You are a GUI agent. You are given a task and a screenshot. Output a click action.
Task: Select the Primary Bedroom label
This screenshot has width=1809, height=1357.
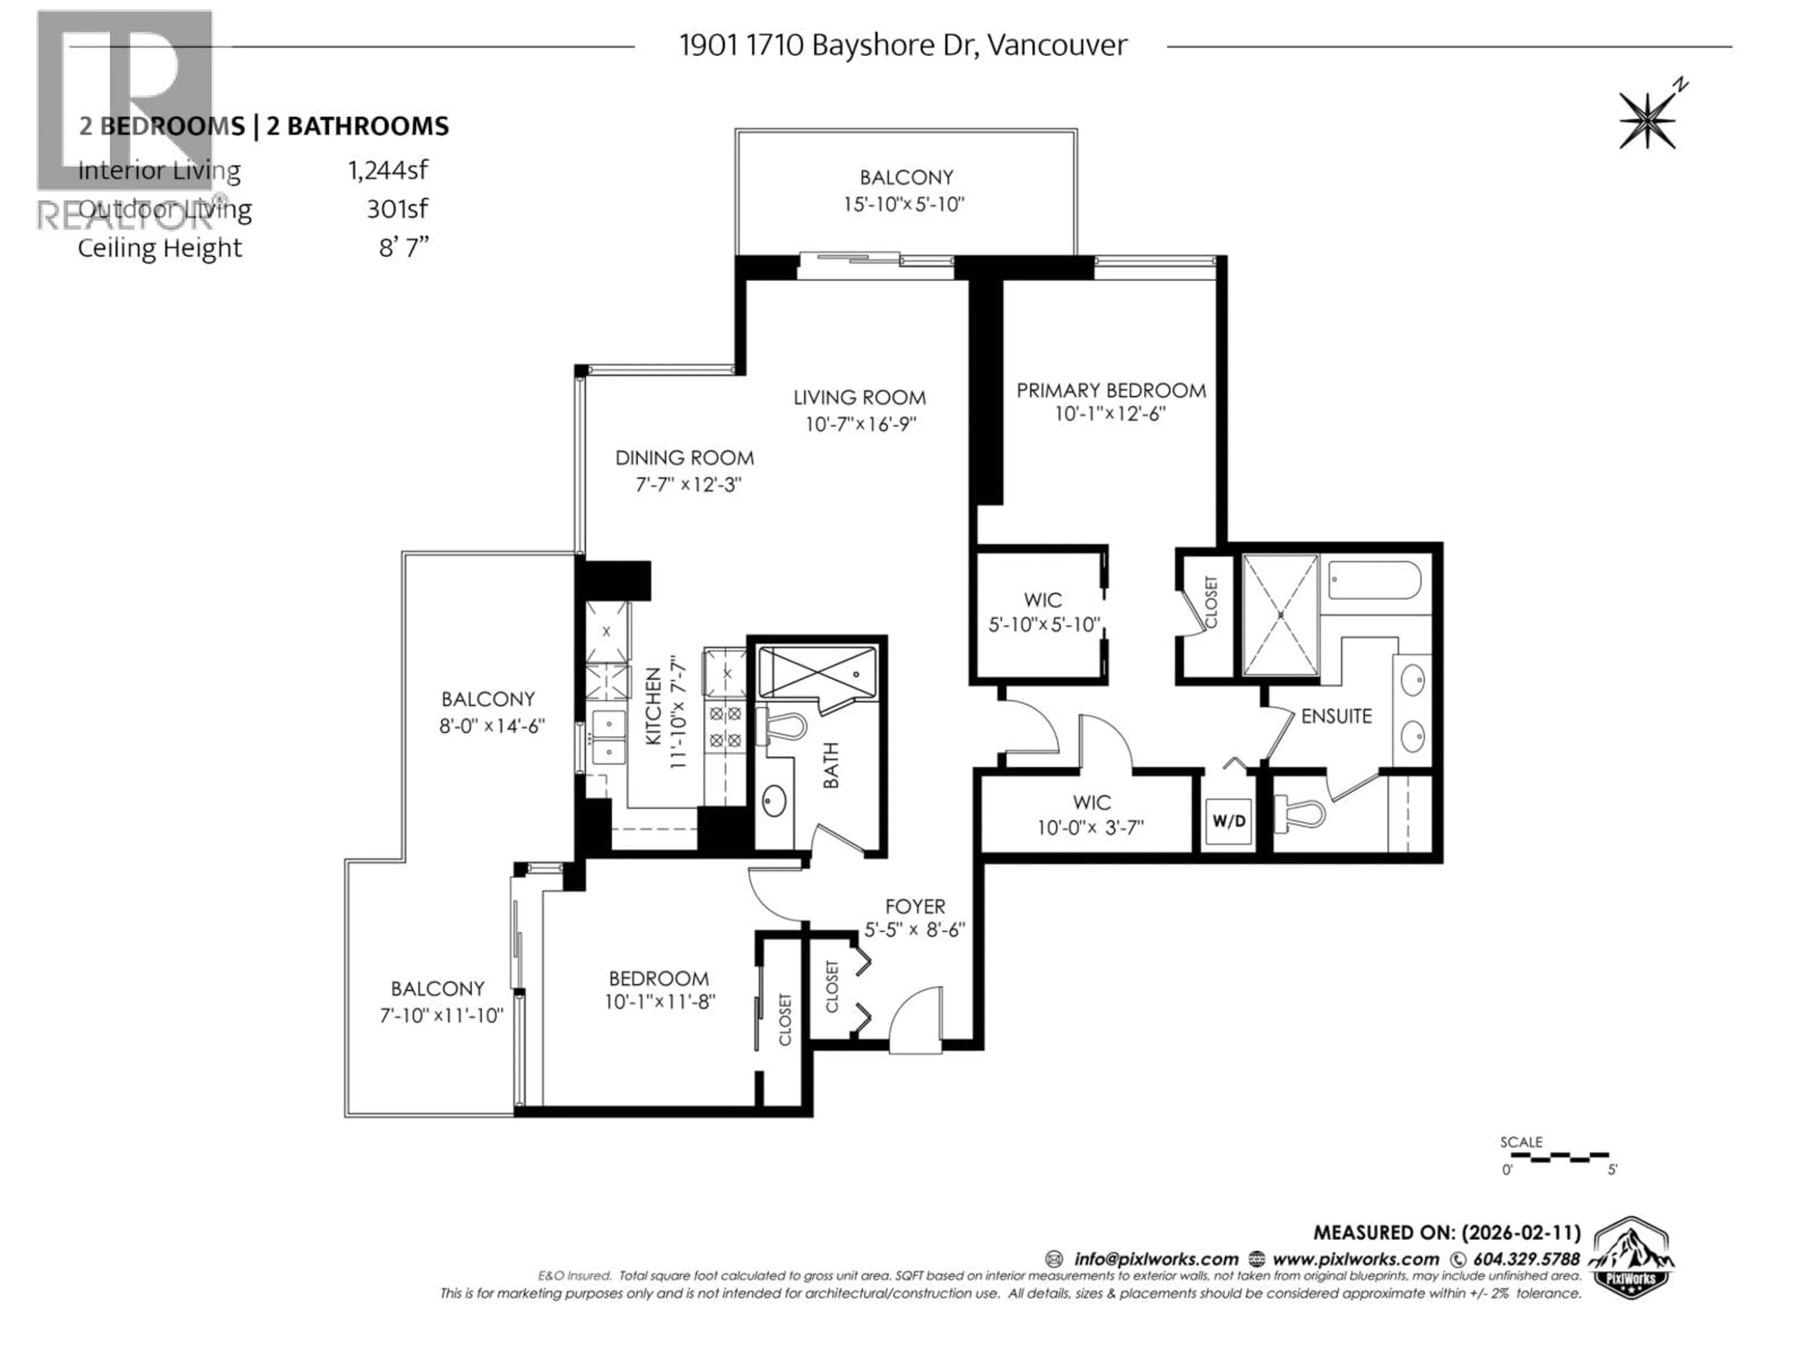click(x=1110, y=391)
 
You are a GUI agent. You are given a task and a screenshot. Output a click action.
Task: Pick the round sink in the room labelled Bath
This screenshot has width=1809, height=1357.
click(x=774, y=801)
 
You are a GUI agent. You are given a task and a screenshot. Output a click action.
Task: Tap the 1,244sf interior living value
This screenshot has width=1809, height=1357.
click(x=388, y=170)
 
